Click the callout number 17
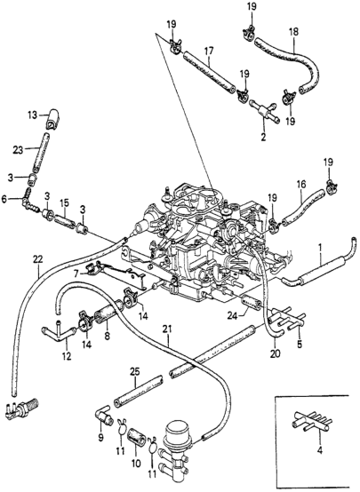pyautogui.click(x=209, y=51)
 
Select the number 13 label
pyautogui.click(x=32, y=115)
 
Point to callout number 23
pyautogui.click(x=18, y=150)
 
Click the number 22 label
pyautogui.click(x=37, y=259)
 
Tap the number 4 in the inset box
pyautogui.click(x=320, y=451)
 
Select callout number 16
pyautogui.click(x=301, y=184)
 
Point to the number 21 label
pyautogui.click(x=168, y=338)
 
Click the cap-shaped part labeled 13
pyautogui.click(x=53, y=120)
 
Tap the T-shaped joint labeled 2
pyautogui.click(x=263, y=111)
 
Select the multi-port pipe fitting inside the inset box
pyautogui.click(x=311, y=422)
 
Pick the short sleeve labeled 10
pyautogui.click(x=136, y=436)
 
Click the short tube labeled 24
pyautogui.click(x=250, y=303)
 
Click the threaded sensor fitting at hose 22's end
pyautogui.click(x=21, y=408)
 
